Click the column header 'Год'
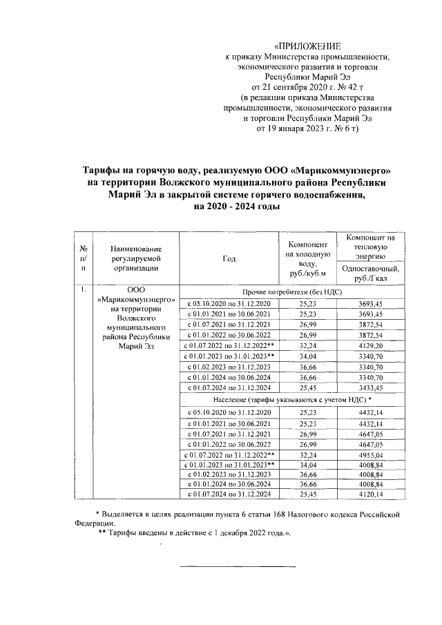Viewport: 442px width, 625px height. click(x=229, y=259)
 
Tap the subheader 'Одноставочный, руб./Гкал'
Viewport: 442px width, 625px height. click(x=370, y=271)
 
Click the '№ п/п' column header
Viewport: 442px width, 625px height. click(x=83, y=259)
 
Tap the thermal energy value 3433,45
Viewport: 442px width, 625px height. click(x=370, y=389)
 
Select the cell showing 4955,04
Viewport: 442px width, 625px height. click(x=370, y=454)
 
